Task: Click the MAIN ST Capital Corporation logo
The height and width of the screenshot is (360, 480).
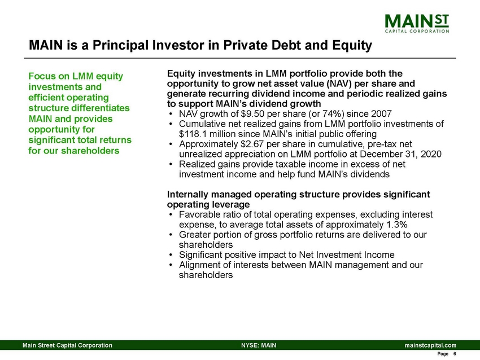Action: click(417, 24)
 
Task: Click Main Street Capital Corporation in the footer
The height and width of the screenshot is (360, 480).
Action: click(67, 345)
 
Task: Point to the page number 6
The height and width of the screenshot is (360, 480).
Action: click(454, 354)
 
